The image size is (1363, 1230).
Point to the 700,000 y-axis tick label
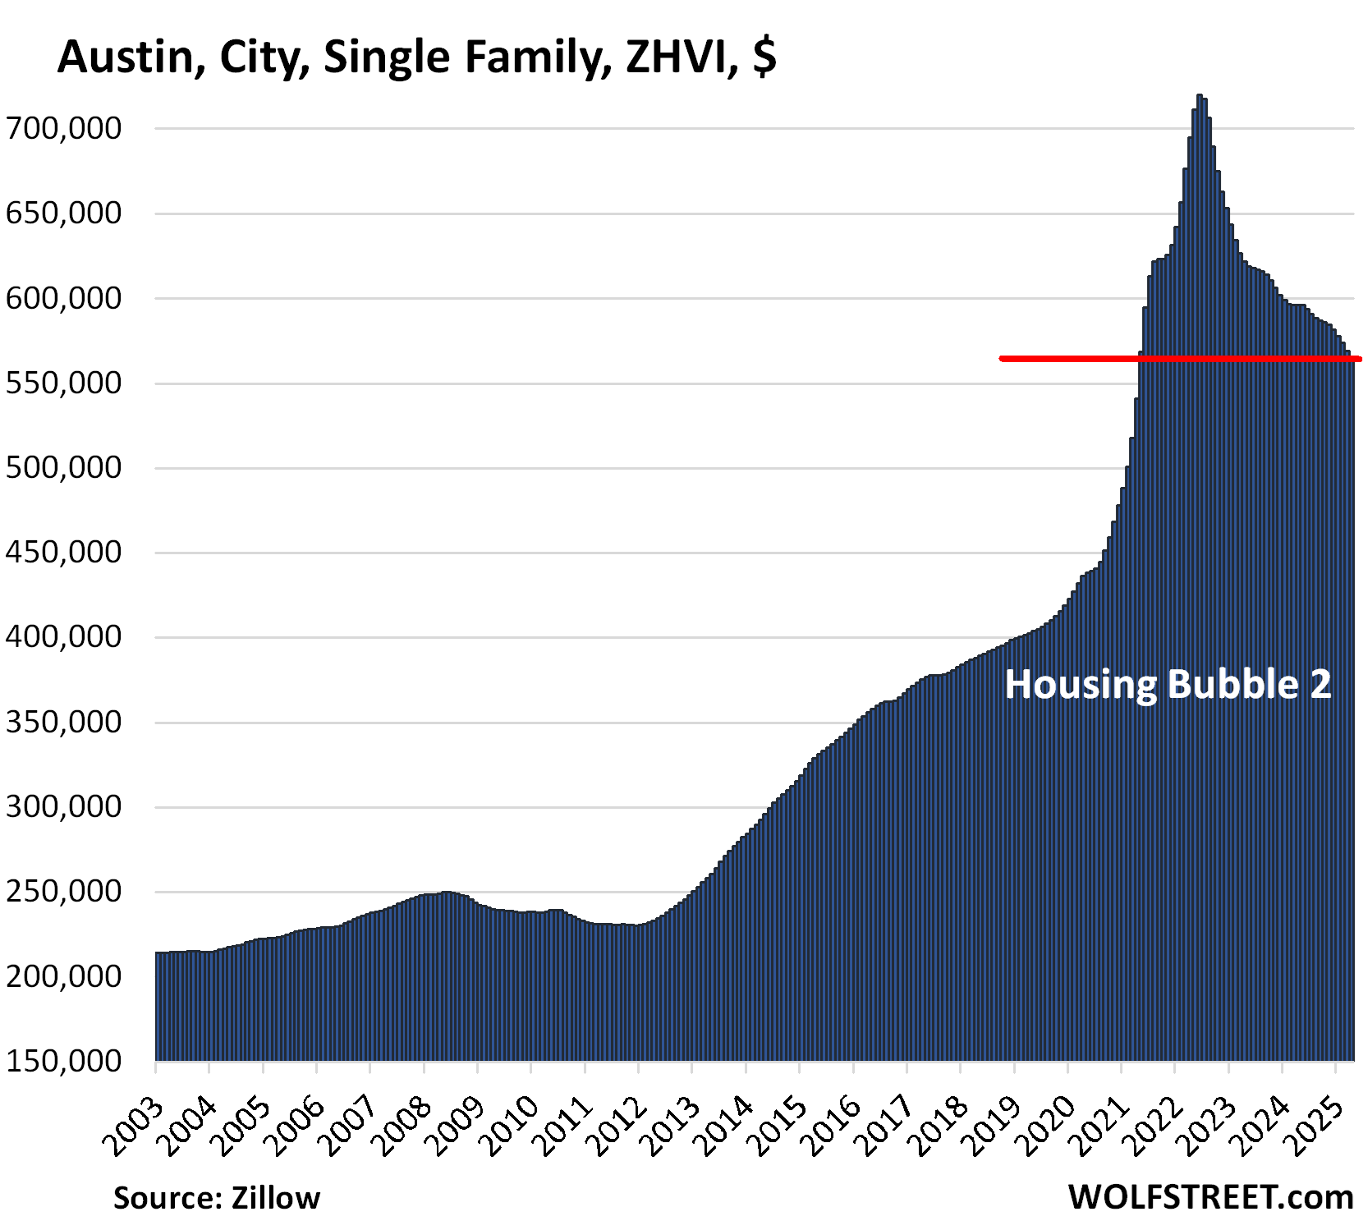click(64, 128)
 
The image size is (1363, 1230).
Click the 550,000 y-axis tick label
click(64, 383)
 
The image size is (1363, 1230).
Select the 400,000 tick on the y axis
click(64, 637)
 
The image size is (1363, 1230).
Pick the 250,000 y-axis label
click(64, 892)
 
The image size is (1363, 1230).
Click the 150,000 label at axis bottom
click(64, 1061)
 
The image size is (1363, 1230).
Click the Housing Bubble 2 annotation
click(1168, 685)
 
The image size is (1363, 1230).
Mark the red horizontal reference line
click(1067, 359)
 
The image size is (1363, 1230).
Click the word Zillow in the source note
click(276, 1198)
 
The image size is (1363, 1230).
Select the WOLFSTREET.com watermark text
click(1210, 1197)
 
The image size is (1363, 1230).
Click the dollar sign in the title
click(764, 57)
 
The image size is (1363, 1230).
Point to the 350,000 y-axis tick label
click(64, 723)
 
